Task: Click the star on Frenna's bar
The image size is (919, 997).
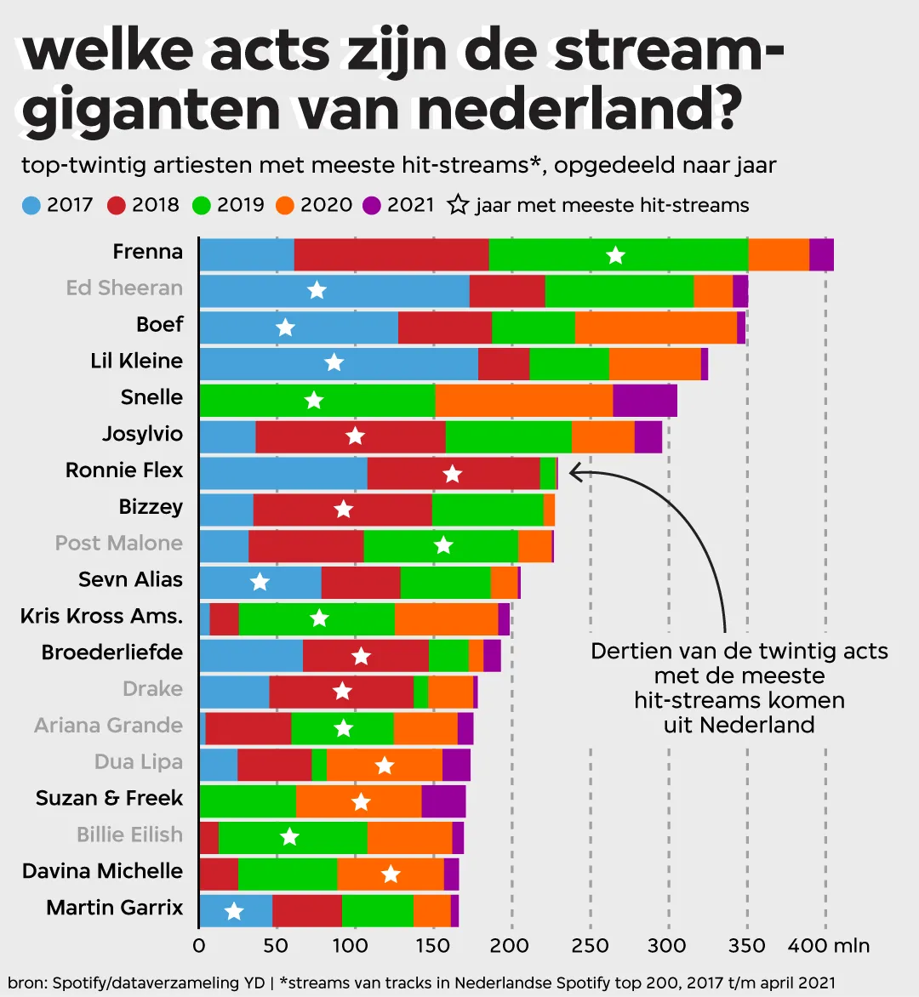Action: tap(616, 255)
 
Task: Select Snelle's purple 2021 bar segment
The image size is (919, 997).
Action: tap(645, 401)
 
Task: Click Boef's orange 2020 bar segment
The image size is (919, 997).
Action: tap(655, 328)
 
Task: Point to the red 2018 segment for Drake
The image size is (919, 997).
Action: tap(341, 692)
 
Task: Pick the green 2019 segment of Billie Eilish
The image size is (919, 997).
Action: tap(293, 838)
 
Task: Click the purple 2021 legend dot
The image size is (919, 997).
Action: tap(371, 205)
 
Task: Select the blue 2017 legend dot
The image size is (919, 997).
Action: tap(31, 205)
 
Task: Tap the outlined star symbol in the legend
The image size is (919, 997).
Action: tap(459, 205)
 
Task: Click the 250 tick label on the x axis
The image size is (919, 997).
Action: tap(590, 946)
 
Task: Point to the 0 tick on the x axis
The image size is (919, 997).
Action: tap(199, 946)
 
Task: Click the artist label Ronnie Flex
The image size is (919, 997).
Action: tap(124, 470)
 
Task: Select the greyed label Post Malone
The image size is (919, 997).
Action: tap(119, 544)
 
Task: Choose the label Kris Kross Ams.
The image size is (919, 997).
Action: tap(101, 616)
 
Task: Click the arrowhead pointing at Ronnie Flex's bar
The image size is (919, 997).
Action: tap(574, 472)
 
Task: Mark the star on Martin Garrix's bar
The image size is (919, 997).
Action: tap(234, 912)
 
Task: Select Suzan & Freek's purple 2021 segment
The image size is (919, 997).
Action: tap(443, 801)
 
